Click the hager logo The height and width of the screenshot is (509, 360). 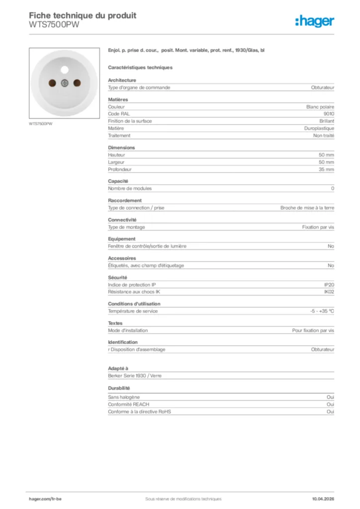tap(314, 20)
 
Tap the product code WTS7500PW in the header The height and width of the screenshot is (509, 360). tap(54, 24)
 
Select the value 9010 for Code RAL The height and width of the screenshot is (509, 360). tap(329, 114)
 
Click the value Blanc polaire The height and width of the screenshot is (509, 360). tap(320, 107)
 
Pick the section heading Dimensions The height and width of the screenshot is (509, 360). tap(121, 148)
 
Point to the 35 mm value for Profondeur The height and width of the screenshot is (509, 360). tap(327, 170)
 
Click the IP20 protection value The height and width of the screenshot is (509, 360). tap(329, 285)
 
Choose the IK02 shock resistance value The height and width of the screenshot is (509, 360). tap(329, 292)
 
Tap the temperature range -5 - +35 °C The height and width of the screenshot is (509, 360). tap(322, 311)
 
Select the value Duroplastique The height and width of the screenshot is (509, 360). tap(319, 128)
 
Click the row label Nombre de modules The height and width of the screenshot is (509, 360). tap(130, 188)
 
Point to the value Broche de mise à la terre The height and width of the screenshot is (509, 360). tap(307, 208)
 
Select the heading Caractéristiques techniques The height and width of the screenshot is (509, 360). tap(140, 68)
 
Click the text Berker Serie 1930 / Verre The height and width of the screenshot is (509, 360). tap(135, 376)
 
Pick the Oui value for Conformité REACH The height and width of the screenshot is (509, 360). tap(330, 405)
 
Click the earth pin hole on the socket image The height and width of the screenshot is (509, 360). tap(65, 70)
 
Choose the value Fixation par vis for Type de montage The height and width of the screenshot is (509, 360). tap(318, 227)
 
